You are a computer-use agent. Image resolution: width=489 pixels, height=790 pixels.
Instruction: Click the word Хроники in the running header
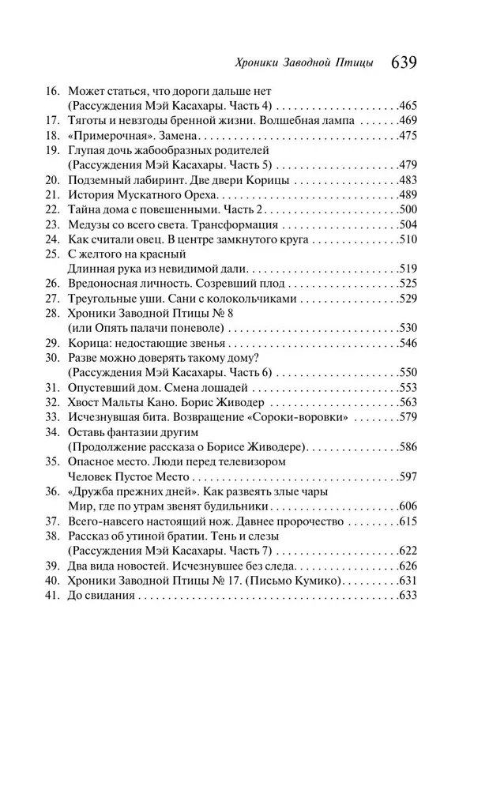pyautogui.click(x=260, y=63)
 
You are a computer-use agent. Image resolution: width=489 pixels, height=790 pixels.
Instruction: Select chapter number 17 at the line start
pyautogui.click(x=53, y=120)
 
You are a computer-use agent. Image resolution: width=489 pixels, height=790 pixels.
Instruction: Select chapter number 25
pyautogui.click(x=53, y=254)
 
